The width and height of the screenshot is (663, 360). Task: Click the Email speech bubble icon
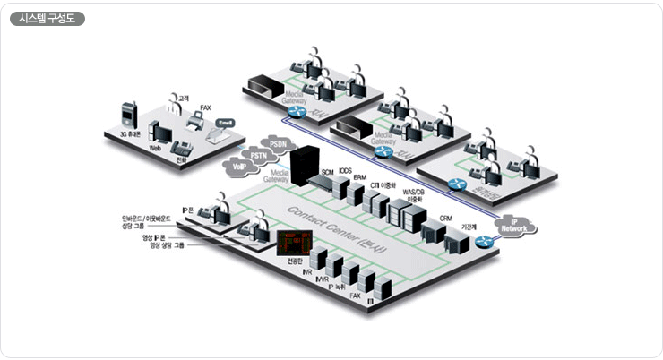(226, 122)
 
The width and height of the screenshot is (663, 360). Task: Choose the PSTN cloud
(258, 156)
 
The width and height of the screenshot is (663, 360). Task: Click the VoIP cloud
(239, 166)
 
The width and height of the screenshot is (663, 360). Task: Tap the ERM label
(360, 177)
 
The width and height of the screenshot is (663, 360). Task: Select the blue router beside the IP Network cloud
(485, 240)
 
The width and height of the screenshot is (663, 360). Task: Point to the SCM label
(328, 170)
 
